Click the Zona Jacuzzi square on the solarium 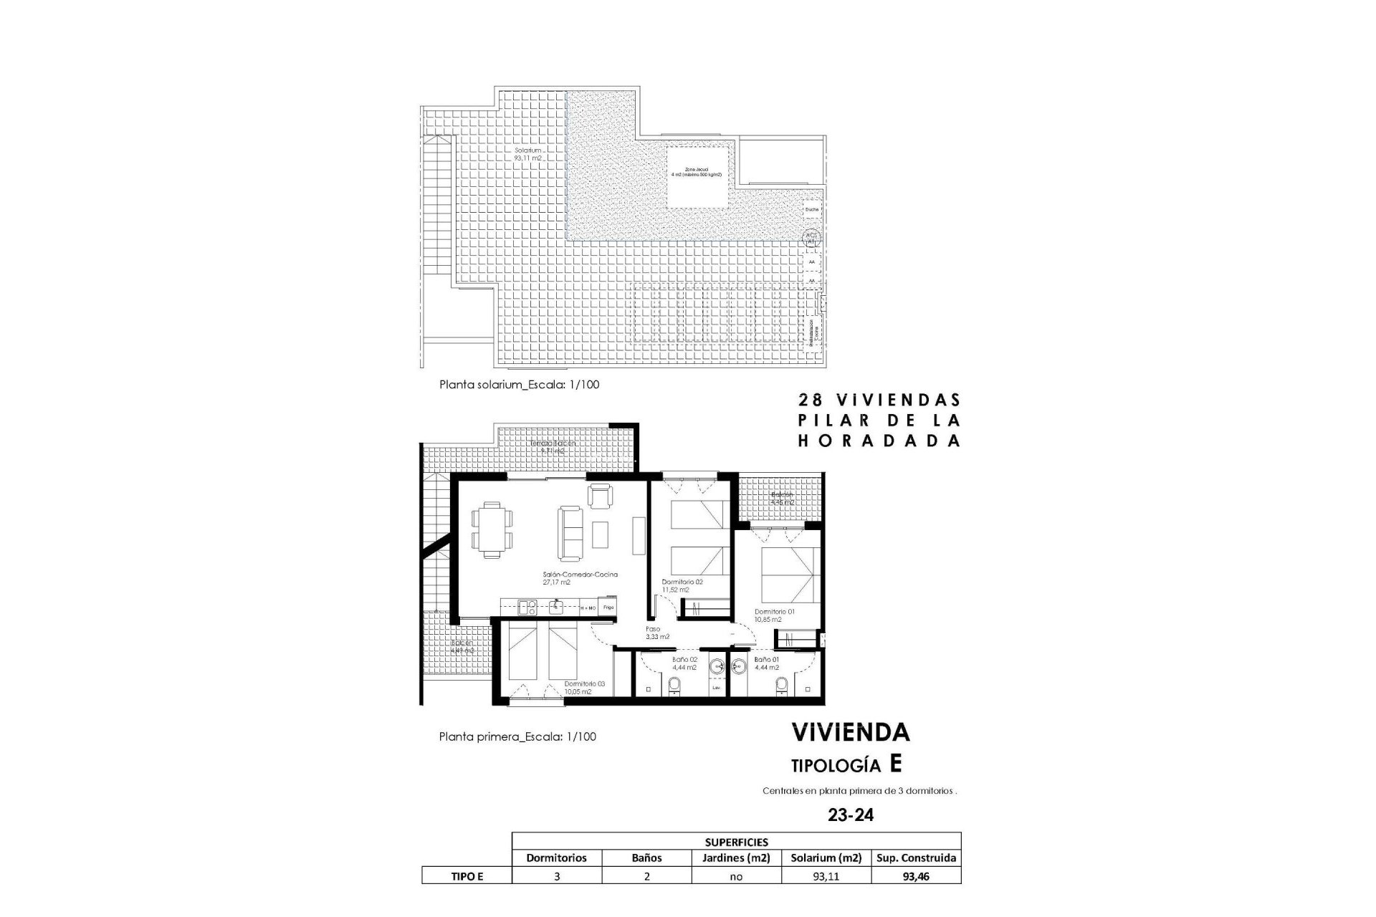pyautogui.click(x=699, y=177)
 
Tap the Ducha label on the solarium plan pyautogui.click(x=811, y=209)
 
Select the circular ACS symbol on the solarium pyautogui.click(x=811, y=237)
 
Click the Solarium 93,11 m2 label pyautogui.click(x=527, y=153)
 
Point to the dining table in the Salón pyautogui.click(x=492, y=529)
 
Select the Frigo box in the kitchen pyautogui.click(x=608, y=608)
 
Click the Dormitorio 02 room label pyautogui.click(x=682, y=585)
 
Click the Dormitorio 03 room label pyautogui.click(x=583, y=687)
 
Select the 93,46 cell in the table pyautogui.click(x=916, y=875)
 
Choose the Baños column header pyautogui.click(x=646, y=858)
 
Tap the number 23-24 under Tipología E pyautogui.click(x=850, y=815)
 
